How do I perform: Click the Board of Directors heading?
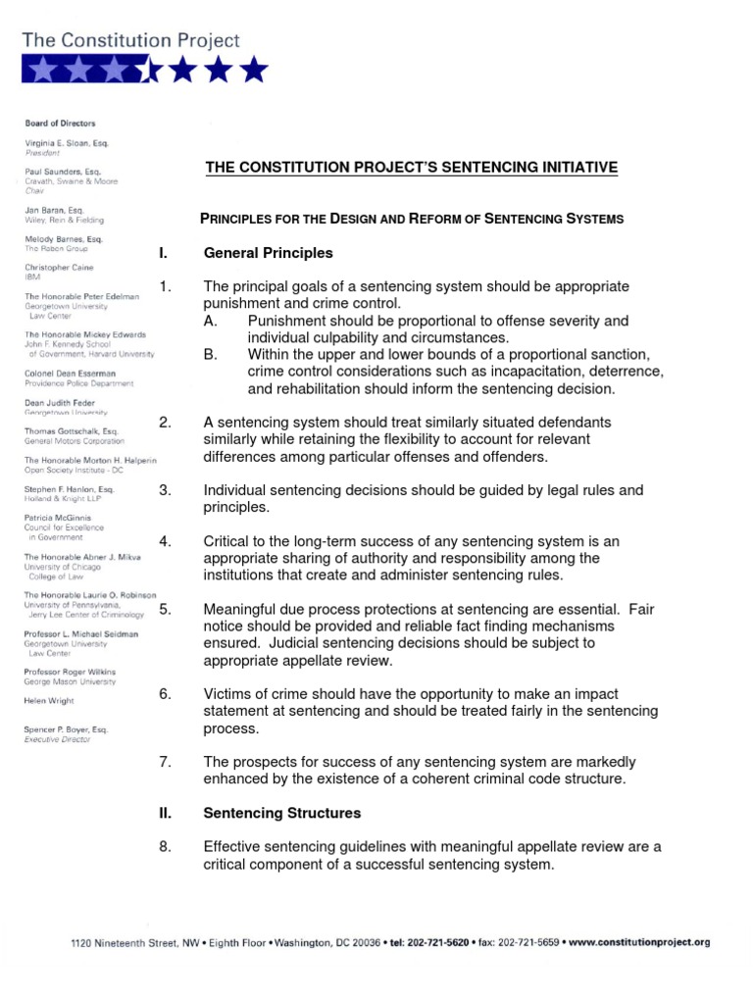click(x=60, y=124)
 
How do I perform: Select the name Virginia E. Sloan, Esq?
click(x=67, y=143)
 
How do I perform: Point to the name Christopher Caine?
click(x=61, y=268)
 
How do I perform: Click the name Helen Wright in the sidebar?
click(x=49, y=700)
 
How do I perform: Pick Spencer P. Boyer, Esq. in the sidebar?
click(x=67, y=730)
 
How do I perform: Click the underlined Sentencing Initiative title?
click(x=412, y=168)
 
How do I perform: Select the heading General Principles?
click(x=269, y=253)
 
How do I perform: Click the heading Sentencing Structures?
click(x=282, y=813)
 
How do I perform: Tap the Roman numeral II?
click(x=164, y=813)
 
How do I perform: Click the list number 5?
click(x=165, y=609)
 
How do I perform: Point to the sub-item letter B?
click(x=210, y=354)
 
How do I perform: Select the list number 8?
click(x=165, y=847)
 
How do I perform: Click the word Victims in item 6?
click(x=227, y=694)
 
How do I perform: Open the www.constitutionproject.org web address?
click(x=639, y=942)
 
